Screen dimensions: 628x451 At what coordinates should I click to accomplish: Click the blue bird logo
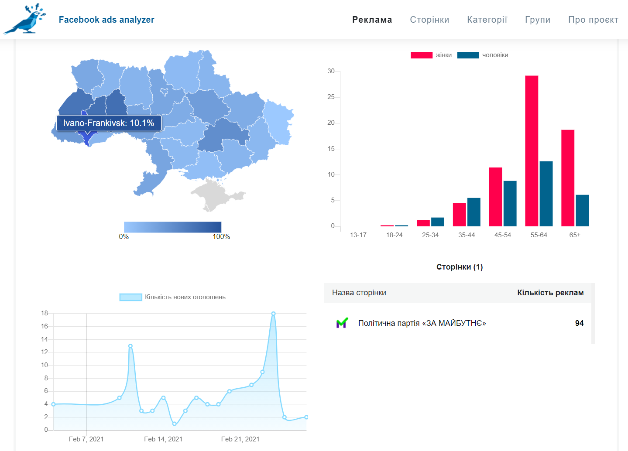(x=25, y=19)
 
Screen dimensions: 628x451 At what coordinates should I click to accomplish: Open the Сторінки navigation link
(x=429, y=20)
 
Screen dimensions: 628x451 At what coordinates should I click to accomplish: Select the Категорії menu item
(x=487, y=20)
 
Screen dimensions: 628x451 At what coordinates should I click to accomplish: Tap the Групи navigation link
(x=538, y=20)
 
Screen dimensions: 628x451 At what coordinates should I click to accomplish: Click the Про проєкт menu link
(x=593, y=20)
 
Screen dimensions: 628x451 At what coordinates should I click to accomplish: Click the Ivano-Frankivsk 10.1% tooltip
(x=109, y=123)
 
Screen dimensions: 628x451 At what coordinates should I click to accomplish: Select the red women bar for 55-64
(x=532, y=151)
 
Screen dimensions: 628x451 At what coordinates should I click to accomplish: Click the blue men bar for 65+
(x=582, y=210)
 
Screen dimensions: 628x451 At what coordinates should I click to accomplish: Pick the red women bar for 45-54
(x=495, y=197)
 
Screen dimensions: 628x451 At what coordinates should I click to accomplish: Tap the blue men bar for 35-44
(x=474, y=212)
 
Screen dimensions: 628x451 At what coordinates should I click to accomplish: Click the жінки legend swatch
(x=422, y=55)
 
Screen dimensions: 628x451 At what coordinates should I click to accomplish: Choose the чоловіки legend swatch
(x=468, y=55)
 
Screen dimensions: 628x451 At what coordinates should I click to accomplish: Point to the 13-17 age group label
(x=358, y=235)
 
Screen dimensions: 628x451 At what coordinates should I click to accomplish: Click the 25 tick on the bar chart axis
(x=331, y=97)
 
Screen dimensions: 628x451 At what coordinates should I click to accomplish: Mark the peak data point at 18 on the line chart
(x=273, y=314)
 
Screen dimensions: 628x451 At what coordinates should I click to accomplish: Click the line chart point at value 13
(x=130, y=346)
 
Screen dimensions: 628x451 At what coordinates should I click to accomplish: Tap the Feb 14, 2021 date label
(x=163, y=439)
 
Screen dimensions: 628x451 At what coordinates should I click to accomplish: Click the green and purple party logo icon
(x=342, y=323)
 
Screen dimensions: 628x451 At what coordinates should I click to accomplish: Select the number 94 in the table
(x=579, y=323)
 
